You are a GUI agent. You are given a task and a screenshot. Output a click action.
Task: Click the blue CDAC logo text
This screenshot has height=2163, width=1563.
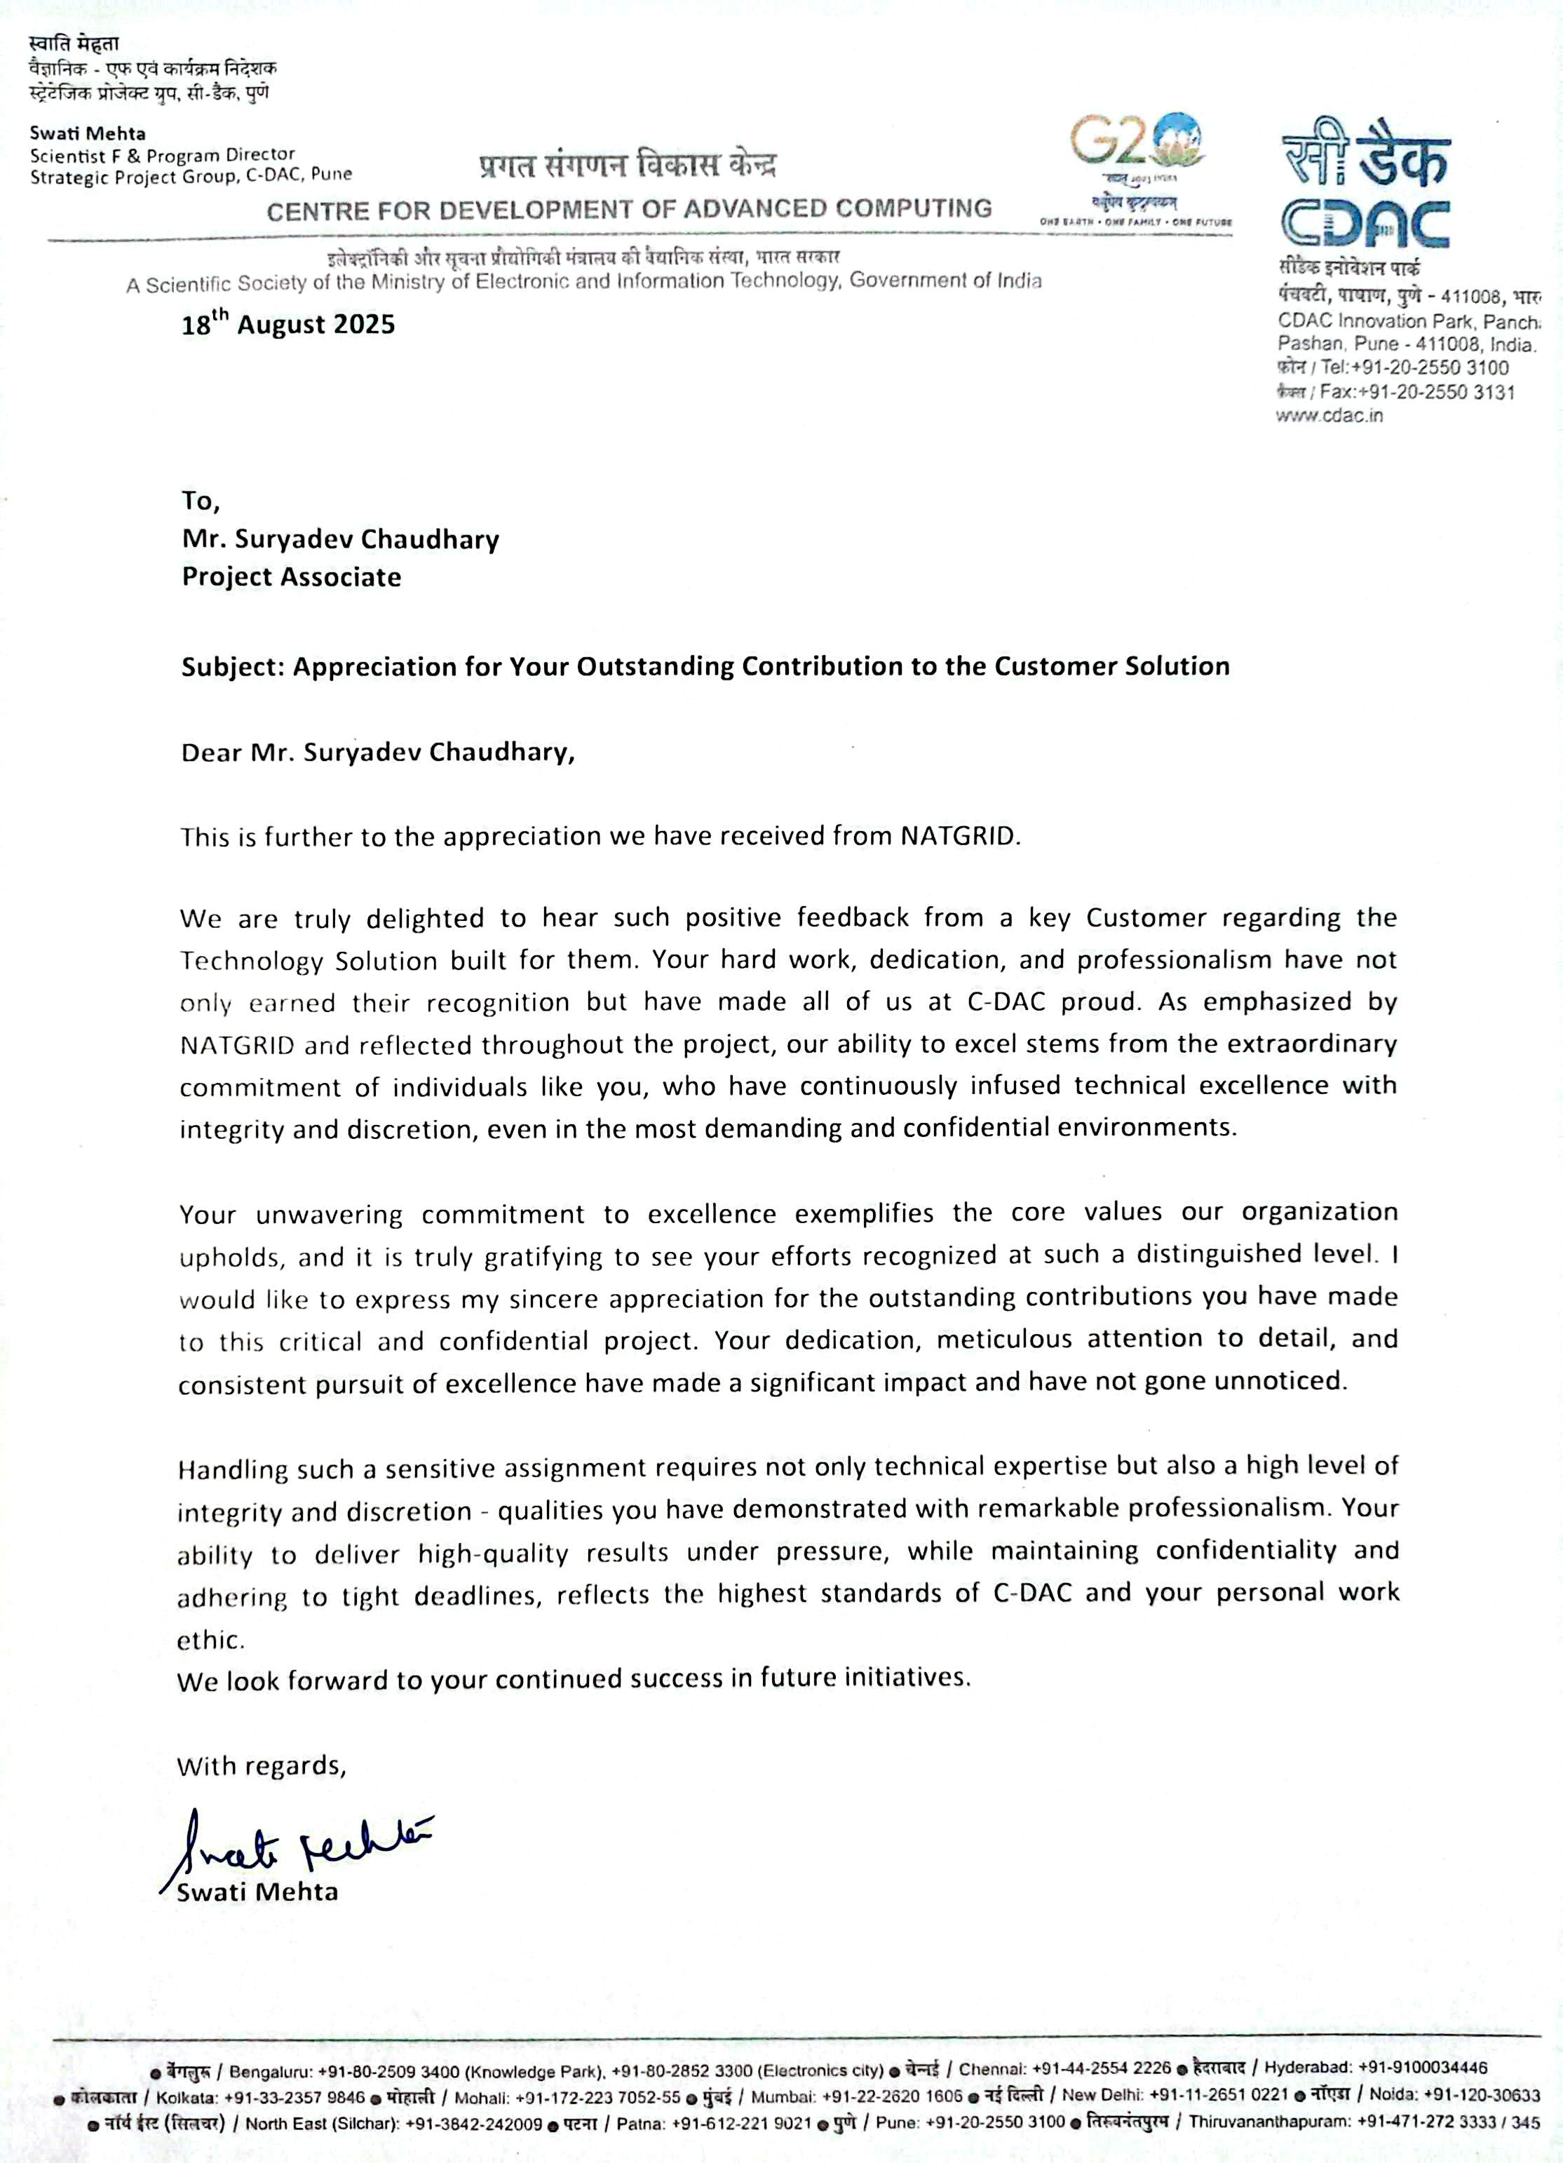click(x=1365, y=225)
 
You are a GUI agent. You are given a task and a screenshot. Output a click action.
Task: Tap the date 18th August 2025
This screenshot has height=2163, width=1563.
click(x=288, y=324)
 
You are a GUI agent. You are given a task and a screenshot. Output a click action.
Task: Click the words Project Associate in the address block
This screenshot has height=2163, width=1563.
click(x=291, y=577)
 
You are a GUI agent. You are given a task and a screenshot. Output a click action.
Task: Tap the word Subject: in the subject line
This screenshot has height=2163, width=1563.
click(x=233, y=666)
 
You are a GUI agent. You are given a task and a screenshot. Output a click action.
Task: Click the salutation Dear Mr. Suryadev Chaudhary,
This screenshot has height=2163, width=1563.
click(x=378, y=753)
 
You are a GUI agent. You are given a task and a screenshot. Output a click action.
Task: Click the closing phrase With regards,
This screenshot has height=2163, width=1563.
click(x=260, y=1765)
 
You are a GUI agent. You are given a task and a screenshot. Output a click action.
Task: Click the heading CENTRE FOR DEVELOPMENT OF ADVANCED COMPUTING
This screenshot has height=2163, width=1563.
click(x=630, y=210)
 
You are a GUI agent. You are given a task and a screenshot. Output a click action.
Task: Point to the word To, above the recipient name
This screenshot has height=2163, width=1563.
click(x=201, y=500)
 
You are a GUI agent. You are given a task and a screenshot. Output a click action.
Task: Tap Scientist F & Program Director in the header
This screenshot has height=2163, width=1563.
click(x=162, y=154)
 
